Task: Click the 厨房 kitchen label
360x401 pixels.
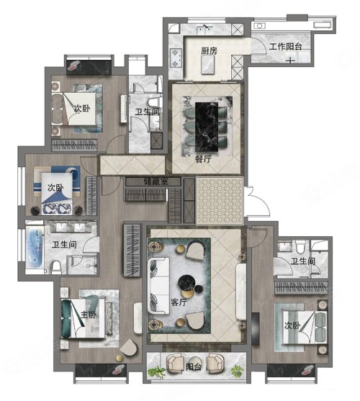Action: pos(209,51)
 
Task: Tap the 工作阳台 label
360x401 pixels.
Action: pos(285,47)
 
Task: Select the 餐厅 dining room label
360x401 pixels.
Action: pos(203,159)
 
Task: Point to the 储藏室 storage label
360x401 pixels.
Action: pos(156,181)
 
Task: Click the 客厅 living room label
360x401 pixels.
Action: pos(179,302)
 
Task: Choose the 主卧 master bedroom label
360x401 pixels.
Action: pos(89,315)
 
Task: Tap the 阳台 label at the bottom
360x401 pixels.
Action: pos(194,367)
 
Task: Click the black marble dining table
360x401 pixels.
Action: pos(207,127)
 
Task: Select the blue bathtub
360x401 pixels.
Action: pos(35,248)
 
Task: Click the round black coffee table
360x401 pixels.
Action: pos(186,283)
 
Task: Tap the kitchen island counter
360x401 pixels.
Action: pos(207,65)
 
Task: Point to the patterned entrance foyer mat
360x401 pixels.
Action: pos(220,201)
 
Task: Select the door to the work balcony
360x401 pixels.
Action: pos(258,46)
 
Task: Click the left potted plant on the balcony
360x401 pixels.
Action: pos(158,371)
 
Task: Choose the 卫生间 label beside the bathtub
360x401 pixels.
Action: pos(64,245)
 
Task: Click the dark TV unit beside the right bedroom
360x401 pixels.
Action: pos(256,328)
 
